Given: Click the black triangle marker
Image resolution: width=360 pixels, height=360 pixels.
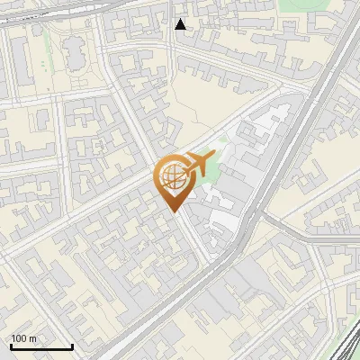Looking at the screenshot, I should click(x=181, y=24).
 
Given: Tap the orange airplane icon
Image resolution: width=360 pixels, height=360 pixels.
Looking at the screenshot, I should click(x=198, y=164).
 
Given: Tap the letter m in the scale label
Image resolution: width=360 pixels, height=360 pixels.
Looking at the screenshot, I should click(x=32, y=338).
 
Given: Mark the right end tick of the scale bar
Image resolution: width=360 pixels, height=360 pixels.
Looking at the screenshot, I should click(x=72, y=346).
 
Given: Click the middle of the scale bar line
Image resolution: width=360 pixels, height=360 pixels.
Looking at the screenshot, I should click(x=40, y=347).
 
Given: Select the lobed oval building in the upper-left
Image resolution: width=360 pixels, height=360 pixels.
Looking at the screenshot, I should click(x=75, y=56).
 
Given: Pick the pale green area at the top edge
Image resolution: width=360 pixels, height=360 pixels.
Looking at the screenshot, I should click(x=297, y=7).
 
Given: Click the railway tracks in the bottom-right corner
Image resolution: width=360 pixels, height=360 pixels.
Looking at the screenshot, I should click(x=346, y=346).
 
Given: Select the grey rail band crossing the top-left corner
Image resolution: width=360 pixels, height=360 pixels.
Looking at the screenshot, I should click(x=36, y=18).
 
